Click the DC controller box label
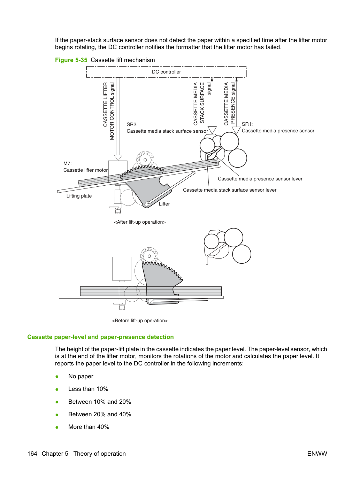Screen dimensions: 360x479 [x=166, y=72]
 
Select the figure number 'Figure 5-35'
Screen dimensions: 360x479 [x=71, y=60]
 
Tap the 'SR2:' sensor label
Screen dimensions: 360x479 [x=132, y=124]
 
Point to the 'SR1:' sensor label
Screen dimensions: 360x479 [x=247, y=124]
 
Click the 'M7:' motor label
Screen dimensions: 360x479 [x=68, y=163]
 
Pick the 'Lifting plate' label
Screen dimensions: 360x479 [x=79, y=196]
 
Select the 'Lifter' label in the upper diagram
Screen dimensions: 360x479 [x=164, y=204]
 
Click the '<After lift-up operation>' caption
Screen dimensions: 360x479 [x=140, y=222]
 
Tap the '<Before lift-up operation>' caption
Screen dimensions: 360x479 [x=140, y=320]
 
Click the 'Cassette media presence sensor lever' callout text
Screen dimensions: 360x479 [x=260, y=179]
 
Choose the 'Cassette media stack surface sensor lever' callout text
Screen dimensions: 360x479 [x=230, y=190]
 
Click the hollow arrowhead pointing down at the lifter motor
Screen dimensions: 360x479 [x=118, y=157]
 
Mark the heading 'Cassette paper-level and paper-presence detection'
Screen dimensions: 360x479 [x=100, y=337]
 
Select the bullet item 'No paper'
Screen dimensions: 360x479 [x=81, y=376]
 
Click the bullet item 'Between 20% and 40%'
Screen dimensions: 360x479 [x=100, y=414]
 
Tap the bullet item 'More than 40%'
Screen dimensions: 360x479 [x=89, y=427]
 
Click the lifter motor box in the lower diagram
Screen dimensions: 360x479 [x=122, y=269]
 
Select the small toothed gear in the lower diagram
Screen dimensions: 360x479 [x=149, y=256]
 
